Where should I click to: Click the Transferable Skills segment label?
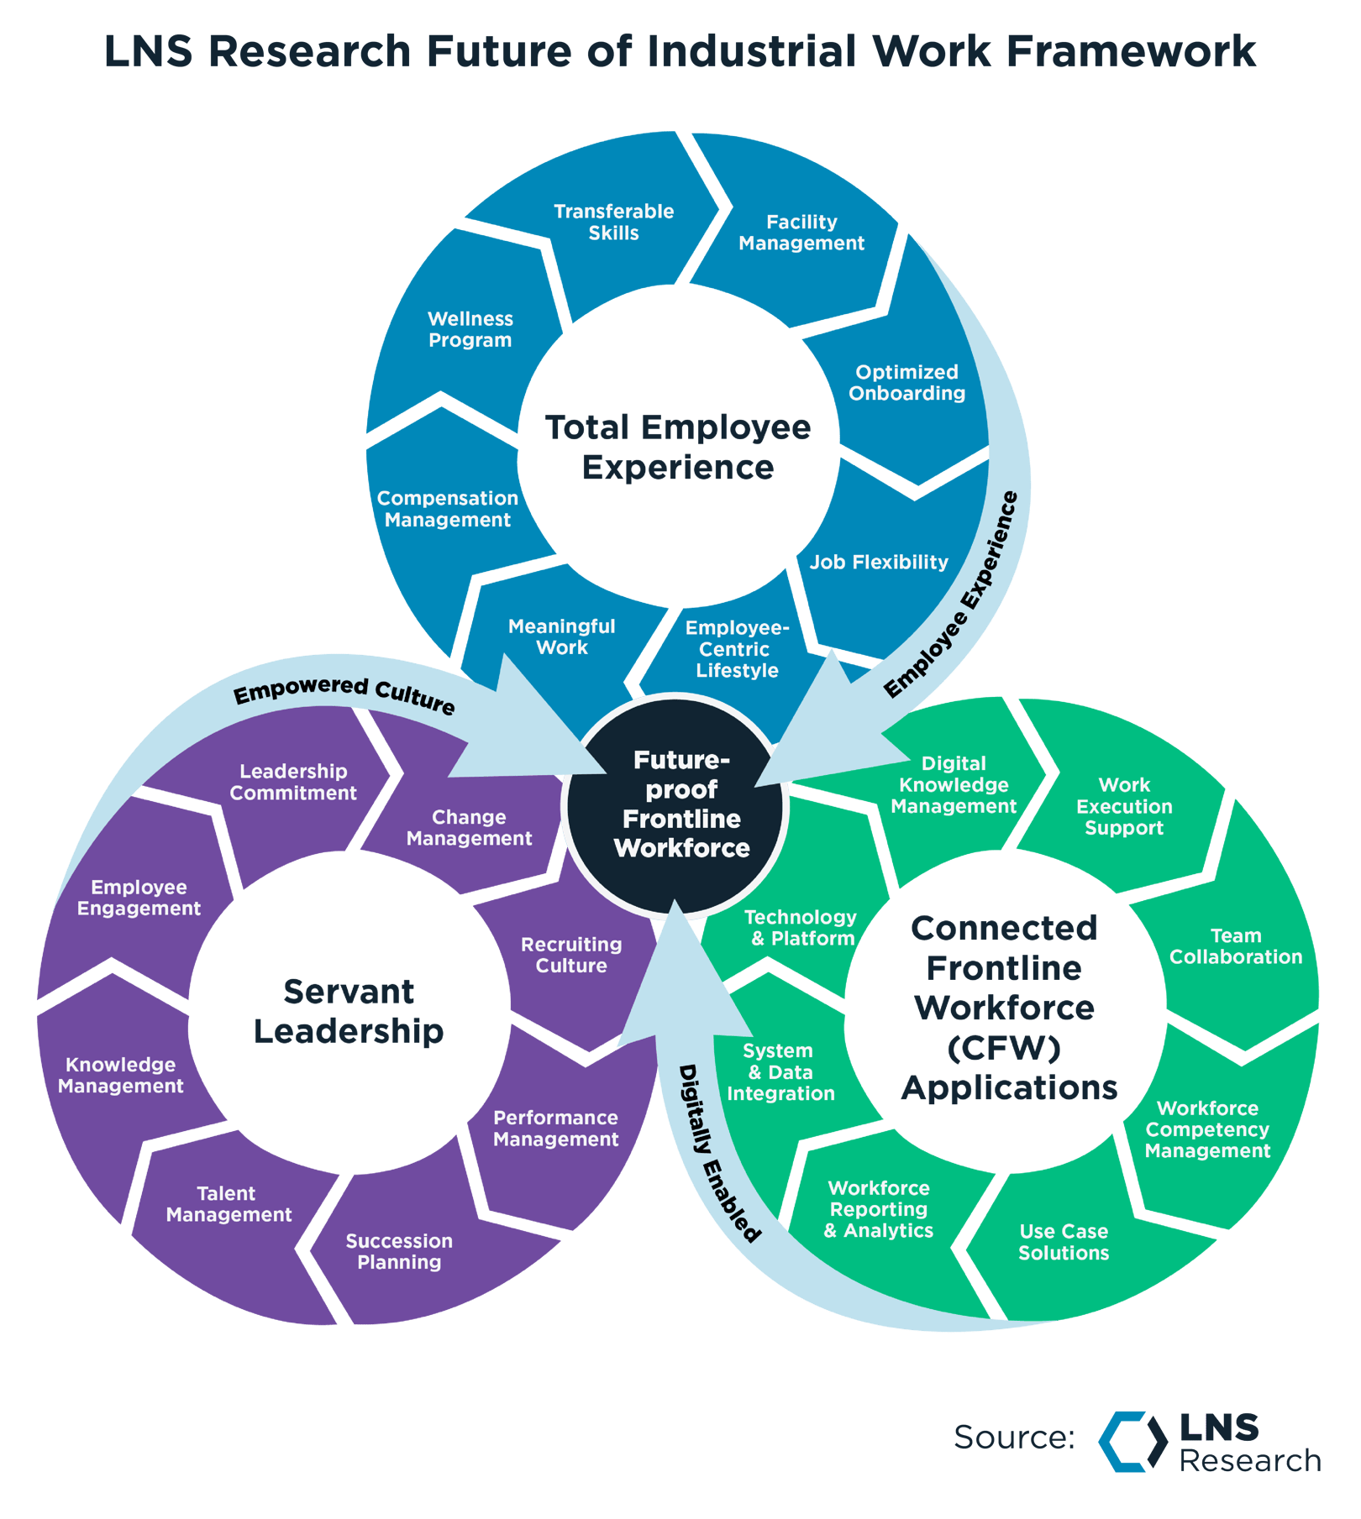(x=613, y=223)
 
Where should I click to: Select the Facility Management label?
(x=801, y=233)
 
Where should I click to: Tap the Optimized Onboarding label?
(x=906, y=383)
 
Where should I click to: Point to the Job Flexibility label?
(x=879, y=562)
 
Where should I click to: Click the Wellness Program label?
(x=470, y=329)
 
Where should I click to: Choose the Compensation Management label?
(x=447, y=509)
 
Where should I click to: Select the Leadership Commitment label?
(x=293, y=782)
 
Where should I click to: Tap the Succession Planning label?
(x=399, y=1251)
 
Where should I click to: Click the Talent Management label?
(x=228, y=1204)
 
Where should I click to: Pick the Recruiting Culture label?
(x=571, y=955)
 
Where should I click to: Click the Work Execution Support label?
(x=1124, y=806)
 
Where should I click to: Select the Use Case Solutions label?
(x=1064, y=1242)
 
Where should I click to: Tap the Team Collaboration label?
(x=1235, y=946)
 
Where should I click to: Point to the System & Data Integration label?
(x=780, y=1072)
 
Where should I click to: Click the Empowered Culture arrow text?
(x=344, y=694)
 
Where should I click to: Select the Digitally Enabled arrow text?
(x=718, y=1155)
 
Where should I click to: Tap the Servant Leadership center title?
(x=349, y=1011)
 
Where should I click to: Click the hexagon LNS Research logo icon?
(x=1132, y=1441)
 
